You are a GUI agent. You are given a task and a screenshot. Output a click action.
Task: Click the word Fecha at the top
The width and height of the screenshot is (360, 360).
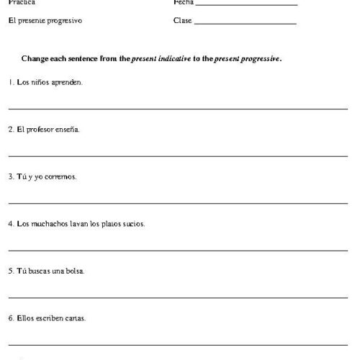183,3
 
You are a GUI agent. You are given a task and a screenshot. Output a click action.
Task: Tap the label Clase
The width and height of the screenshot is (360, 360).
182,21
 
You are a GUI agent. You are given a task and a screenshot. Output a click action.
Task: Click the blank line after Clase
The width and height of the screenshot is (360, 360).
245,24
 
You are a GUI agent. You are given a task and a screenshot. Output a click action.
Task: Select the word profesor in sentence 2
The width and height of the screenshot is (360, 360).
40,130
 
